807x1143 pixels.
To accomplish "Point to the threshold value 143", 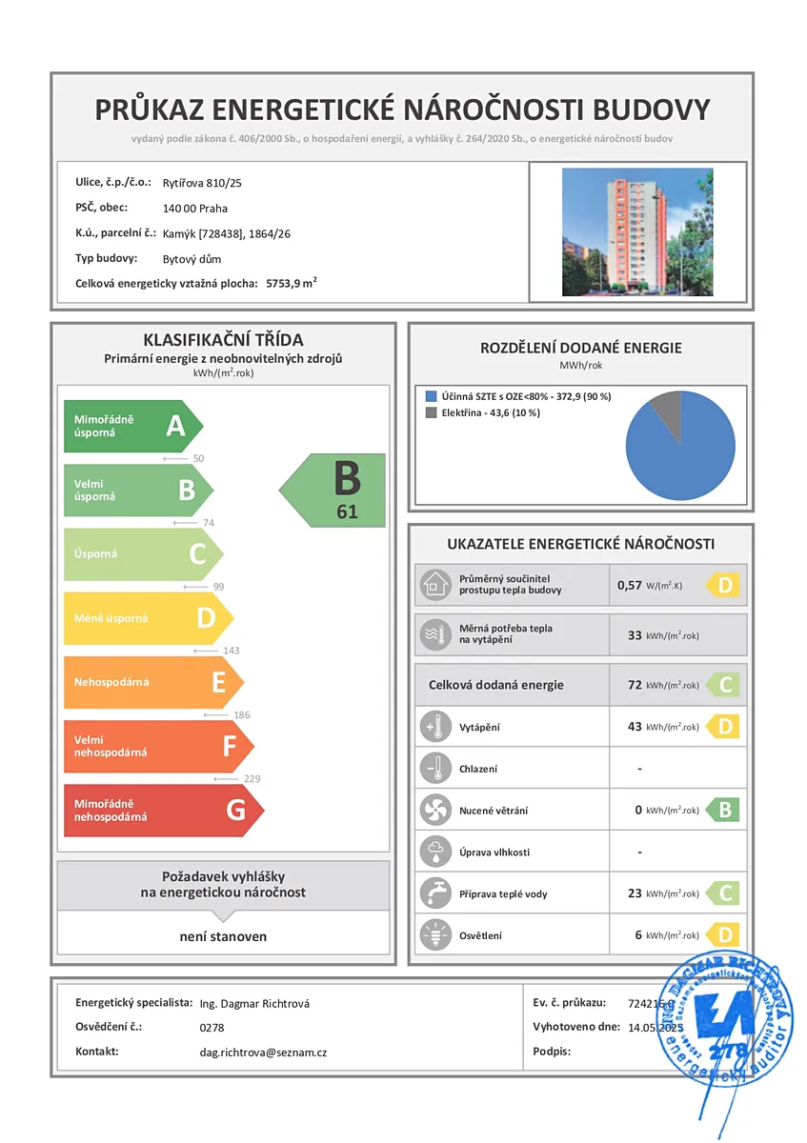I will tap(231, 651).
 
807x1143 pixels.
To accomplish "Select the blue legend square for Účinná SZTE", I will tap(432, 396).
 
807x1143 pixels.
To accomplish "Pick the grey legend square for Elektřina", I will tap(432, 412).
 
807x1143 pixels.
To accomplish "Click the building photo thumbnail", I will tap(637, 232).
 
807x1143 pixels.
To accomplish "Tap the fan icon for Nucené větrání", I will tap(434, 811).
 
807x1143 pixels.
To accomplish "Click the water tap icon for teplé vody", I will tap(434, 893).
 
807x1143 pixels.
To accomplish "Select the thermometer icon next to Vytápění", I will tap(434, 728).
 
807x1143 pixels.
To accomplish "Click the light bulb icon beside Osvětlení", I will tap(434, 935).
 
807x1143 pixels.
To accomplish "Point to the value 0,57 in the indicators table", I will tap(629, 585).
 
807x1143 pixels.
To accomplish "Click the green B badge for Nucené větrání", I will tap(725, 811).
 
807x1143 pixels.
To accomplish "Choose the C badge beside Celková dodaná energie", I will tap(725, 685).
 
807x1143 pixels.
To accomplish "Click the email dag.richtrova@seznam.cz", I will tap(264, 1053).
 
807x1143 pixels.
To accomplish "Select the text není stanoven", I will tap(223, 936).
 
